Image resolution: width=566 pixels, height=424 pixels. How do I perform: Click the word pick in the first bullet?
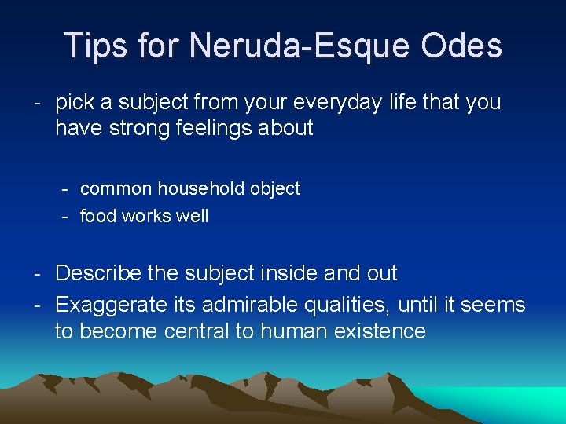coord(75,103)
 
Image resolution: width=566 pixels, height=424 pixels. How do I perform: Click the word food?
coord(98,216)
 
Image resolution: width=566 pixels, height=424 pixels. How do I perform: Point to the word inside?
coord(290,273)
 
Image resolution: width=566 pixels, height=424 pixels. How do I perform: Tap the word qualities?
coord(354,304)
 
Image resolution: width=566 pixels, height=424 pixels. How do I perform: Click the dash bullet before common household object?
coord(68,189)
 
